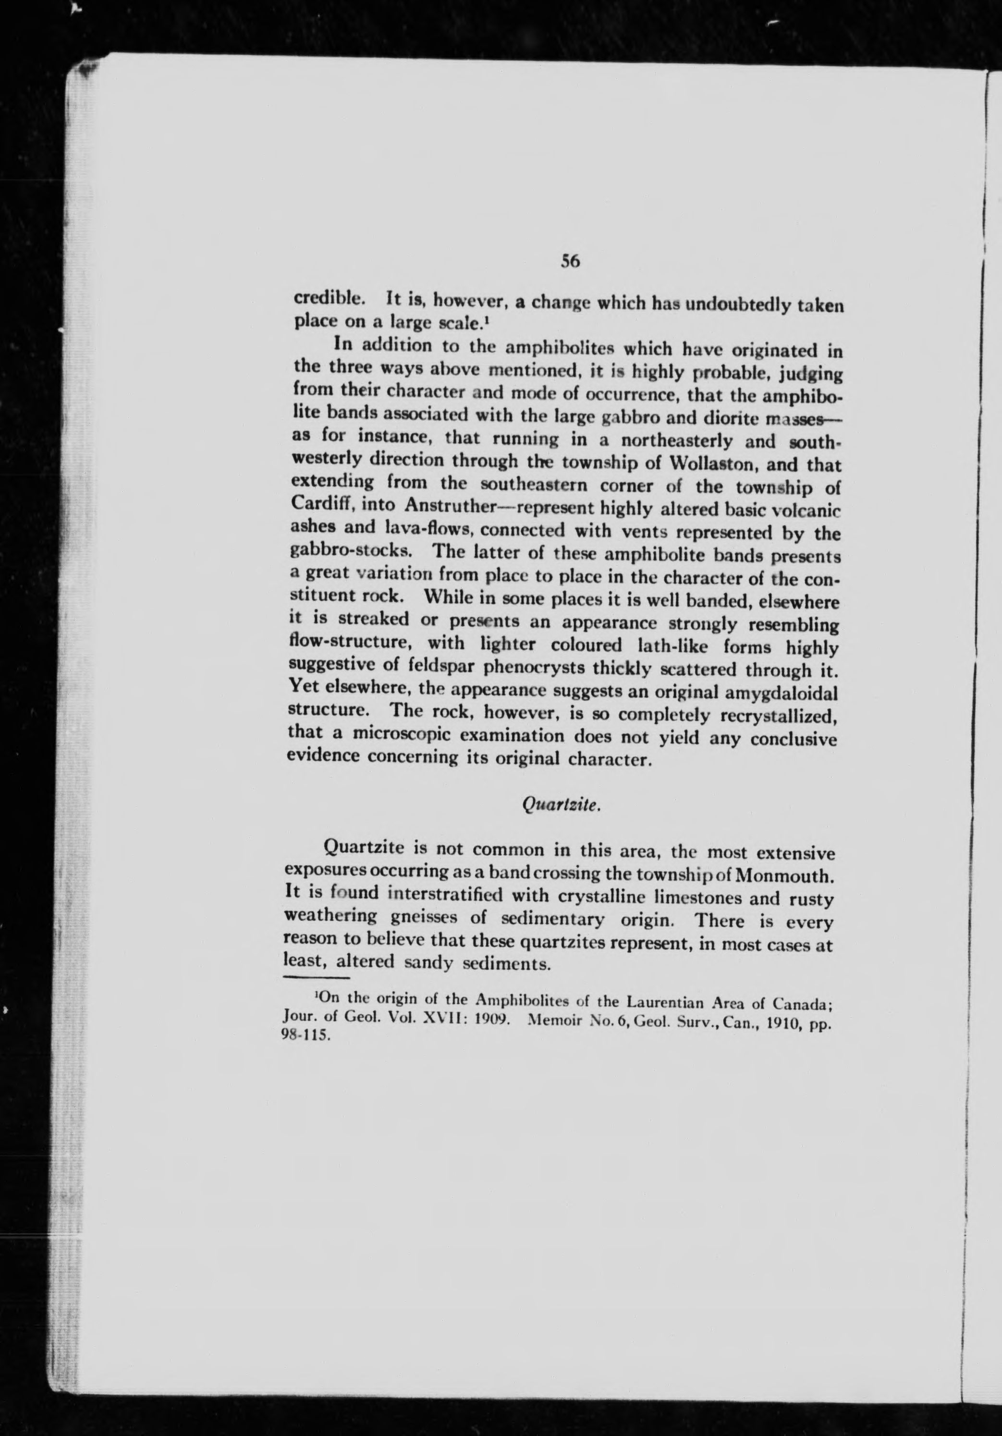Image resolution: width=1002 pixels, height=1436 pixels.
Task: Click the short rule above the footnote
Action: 316,977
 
